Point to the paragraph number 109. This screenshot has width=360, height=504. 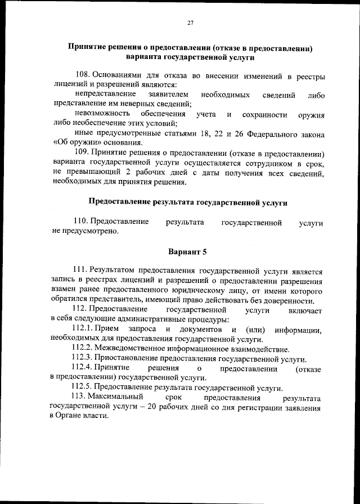point(82,153)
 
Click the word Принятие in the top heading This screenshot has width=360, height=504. point(89,48)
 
